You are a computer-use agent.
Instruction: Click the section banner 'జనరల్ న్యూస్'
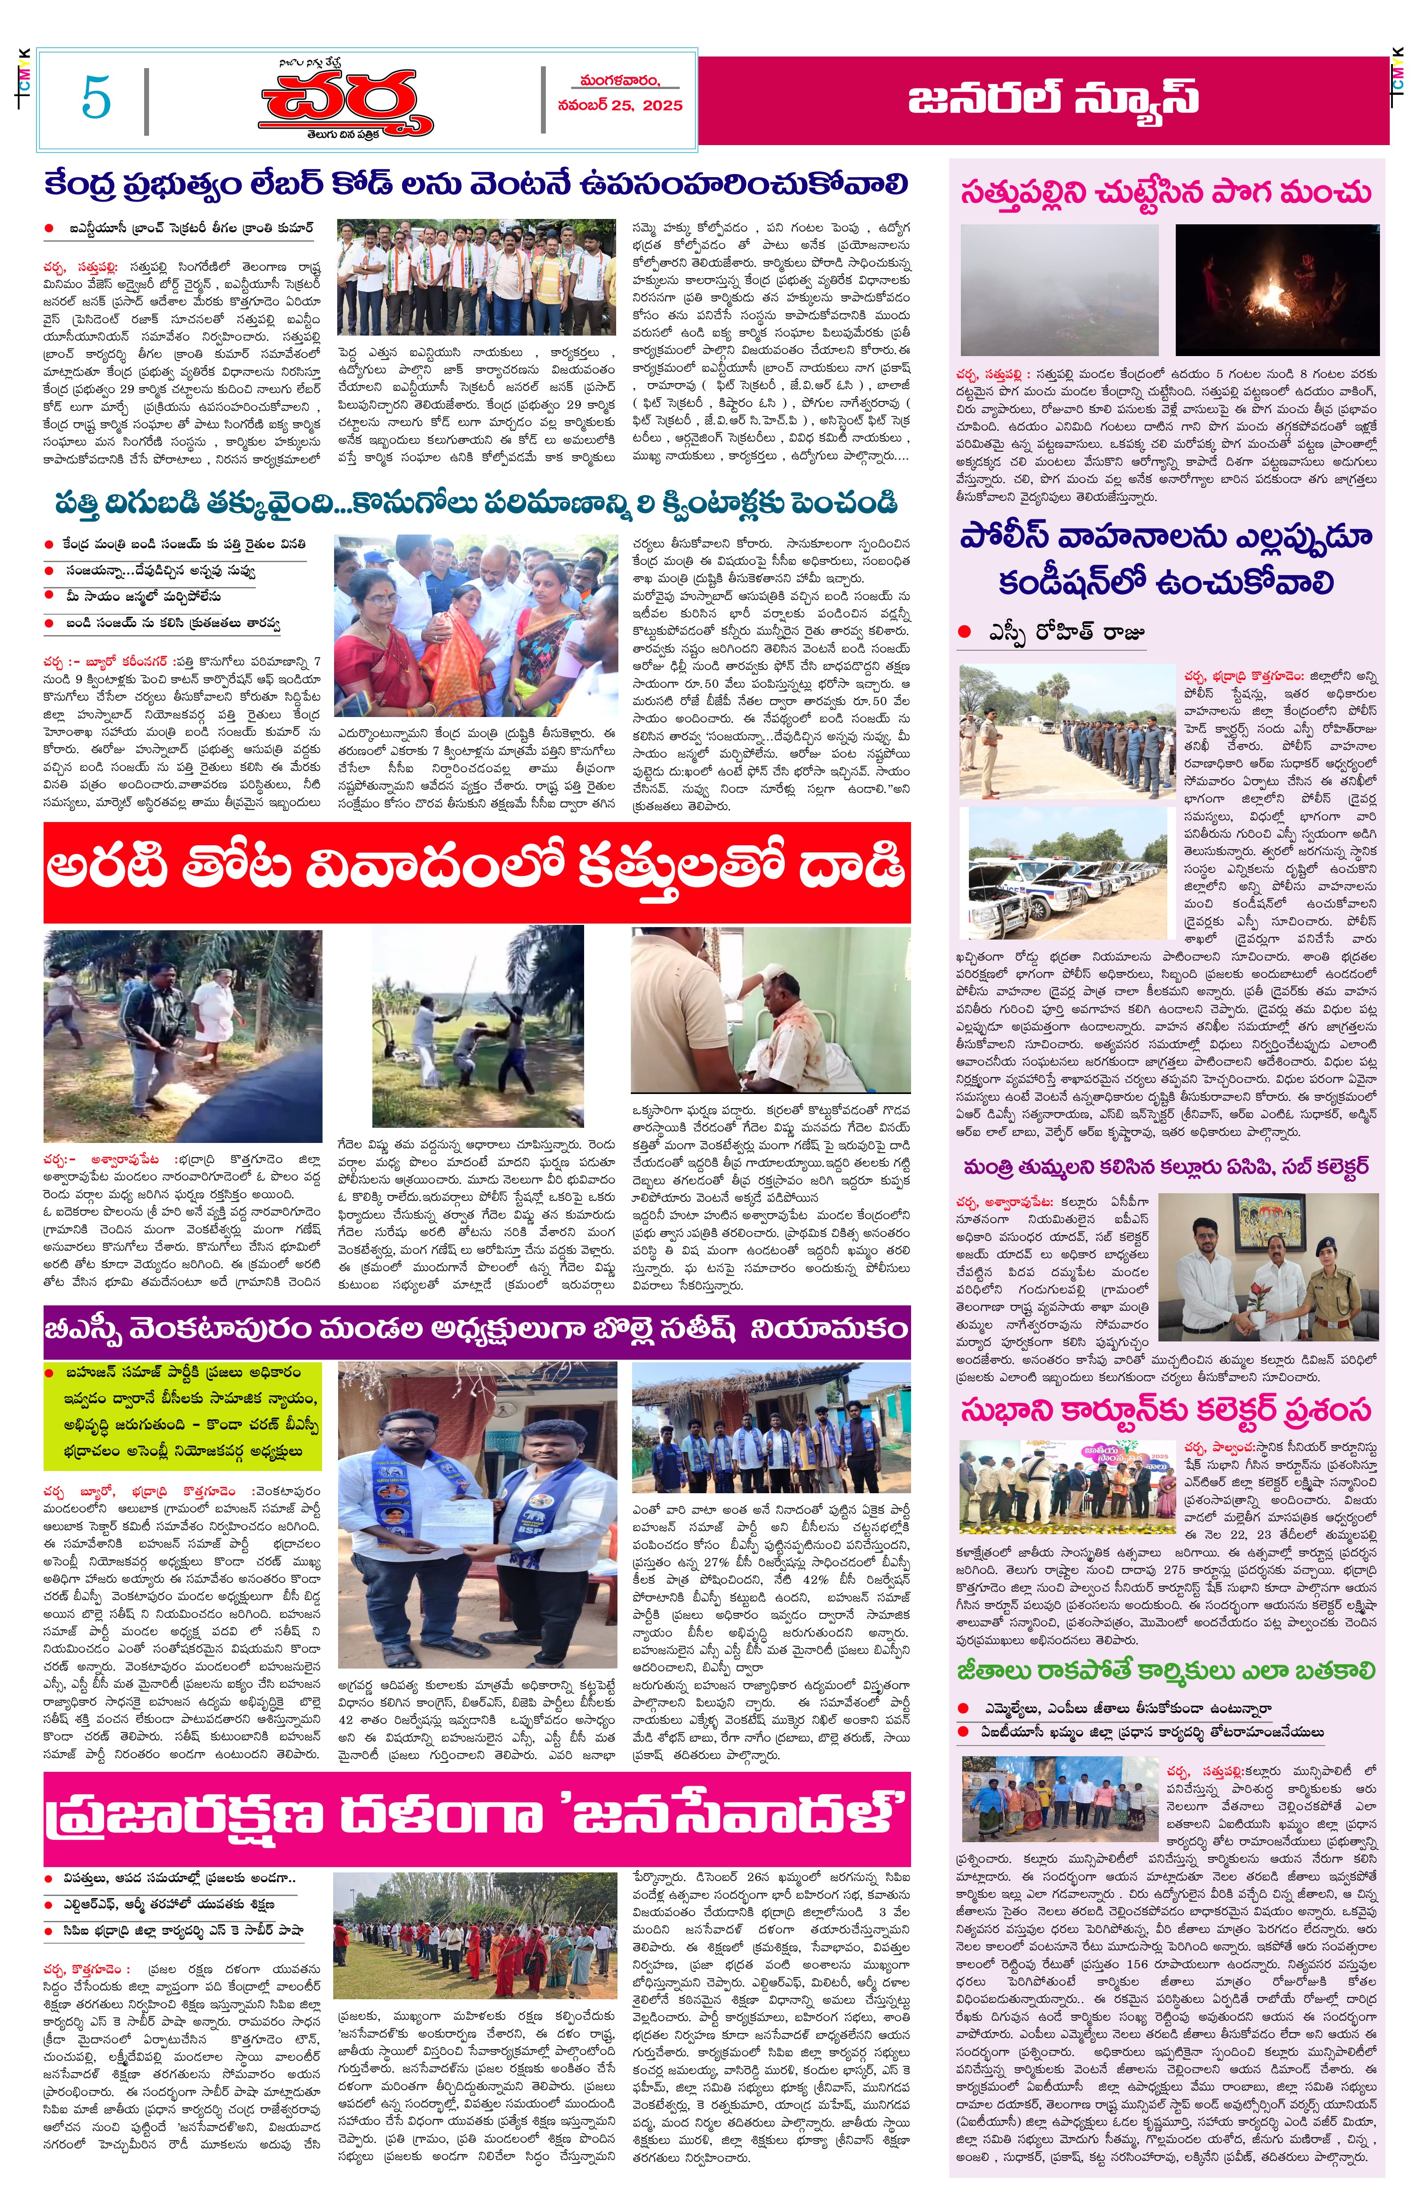1052,98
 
